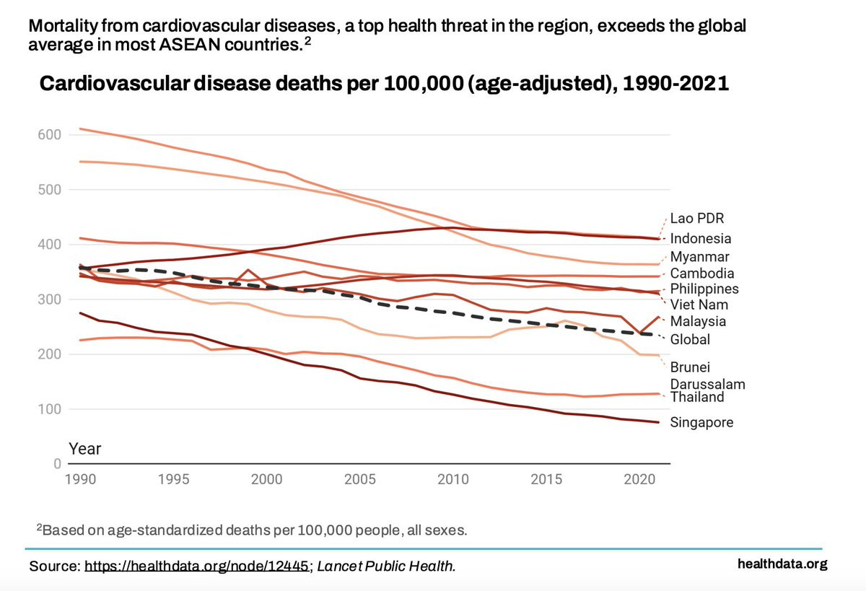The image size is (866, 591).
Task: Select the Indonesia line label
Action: [700, 238]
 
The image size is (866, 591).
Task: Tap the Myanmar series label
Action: [699, 257]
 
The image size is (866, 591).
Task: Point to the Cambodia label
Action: [702, 273]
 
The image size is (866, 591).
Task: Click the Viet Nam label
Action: [699, 305]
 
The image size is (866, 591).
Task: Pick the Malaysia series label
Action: [698, 321]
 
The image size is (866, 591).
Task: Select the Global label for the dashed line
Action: [690, 339]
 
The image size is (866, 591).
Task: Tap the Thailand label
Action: [696, 397]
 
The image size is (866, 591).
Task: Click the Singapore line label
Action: [701, 422]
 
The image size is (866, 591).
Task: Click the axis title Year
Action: [85, 449]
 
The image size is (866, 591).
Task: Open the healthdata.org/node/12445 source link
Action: [197, 566]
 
